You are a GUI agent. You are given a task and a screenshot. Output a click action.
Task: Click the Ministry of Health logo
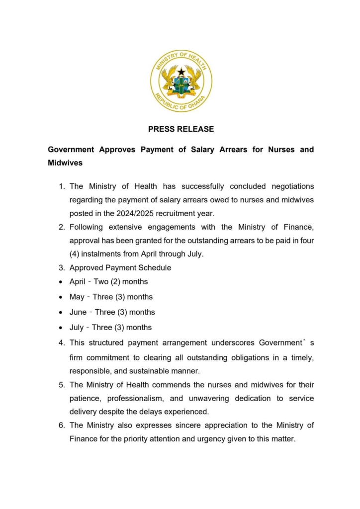pyautogui.click(x=181, y=81)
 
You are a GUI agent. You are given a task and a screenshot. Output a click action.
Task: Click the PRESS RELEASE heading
pyautogui.click(x=181, y=129)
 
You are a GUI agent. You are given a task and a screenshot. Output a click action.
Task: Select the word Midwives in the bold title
pyautogui.click(x=65, y=163)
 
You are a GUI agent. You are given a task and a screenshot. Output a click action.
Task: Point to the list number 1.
pyautogui.click(x=62, y=186)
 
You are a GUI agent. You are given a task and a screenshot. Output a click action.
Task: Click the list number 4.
pyautogui.click(x=62, y=342)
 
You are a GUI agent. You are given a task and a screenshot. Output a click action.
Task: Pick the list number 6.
pyautogui.click(x=62, y=425)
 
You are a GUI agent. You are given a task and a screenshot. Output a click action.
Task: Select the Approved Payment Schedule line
pyautogui.click(x=120, y=268)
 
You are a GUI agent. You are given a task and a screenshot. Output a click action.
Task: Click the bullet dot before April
pyautogui.click(x=60, y=282)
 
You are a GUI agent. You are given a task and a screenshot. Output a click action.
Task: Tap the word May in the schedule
pyautogui.click(x=77, y=297)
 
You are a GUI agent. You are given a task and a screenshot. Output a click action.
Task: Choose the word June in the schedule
pyautogui.click(x=78, y=312)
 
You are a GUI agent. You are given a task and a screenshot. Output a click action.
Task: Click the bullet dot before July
pyautogui.click(x=60, y=328)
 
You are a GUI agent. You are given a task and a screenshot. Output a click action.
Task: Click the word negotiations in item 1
pyautogui.click(x=292, y=186)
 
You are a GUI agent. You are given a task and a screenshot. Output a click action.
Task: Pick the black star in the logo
pyautogui.click(x=181, y=73)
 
